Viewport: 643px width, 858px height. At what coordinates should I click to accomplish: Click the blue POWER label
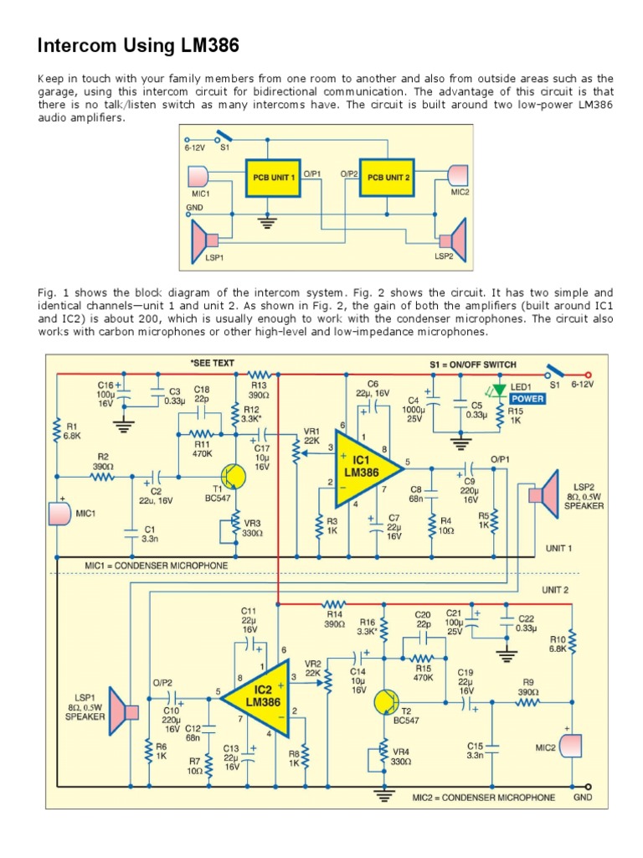point(527,399)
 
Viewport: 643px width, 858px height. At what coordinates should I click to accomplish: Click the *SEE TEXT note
point(212,363)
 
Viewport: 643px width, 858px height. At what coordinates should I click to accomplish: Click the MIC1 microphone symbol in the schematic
point(59,513)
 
